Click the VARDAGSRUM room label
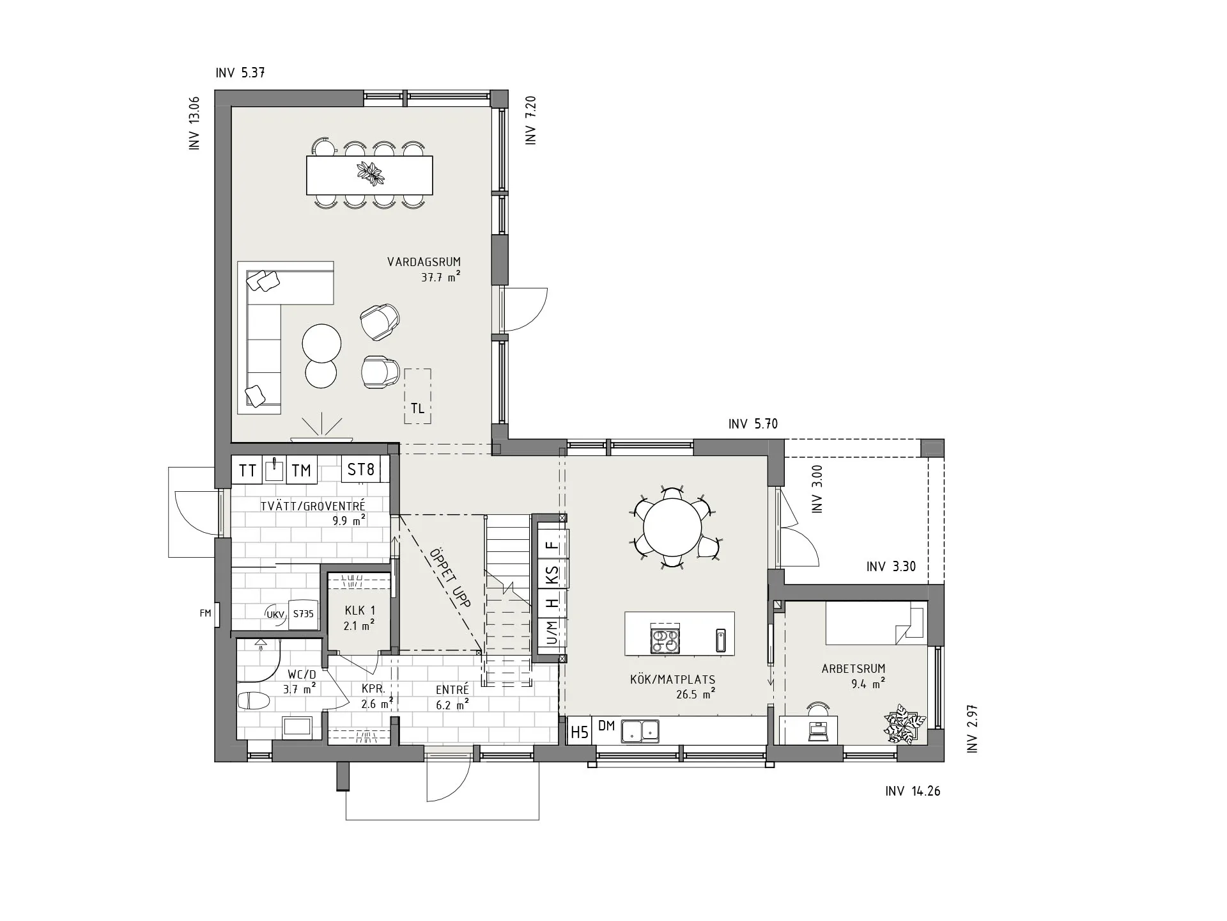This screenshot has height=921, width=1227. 424,262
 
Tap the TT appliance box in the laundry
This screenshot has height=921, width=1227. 247,470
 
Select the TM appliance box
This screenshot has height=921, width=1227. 301,470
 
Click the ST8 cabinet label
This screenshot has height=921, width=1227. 360,469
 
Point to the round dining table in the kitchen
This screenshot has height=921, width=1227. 672,528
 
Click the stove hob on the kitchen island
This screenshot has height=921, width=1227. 665,640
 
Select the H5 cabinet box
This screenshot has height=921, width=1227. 580,732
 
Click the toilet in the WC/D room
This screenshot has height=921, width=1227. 254,700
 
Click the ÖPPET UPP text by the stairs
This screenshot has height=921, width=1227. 450,578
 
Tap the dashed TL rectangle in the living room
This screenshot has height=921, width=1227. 417,396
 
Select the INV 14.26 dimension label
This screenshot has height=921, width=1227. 913,791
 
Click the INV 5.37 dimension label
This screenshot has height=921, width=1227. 240,73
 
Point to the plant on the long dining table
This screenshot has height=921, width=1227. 371,173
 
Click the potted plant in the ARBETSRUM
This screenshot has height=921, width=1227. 905,724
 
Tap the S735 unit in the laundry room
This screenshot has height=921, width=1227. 304,614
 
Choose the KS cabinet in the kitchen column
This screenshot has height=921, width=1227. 552,575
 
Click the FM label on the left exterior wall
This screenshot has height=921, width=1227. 205,613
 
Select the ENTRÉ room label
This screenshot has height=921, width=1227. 452,690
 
